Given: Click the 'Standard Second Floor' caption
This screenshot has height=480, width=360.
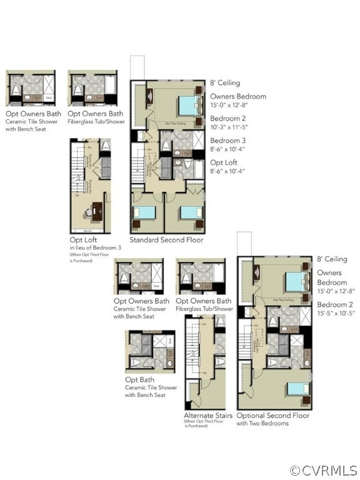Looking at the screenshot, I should (166, 240).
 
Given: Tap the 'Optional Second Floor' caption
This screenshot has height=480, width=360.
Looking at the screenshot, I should (272, 415).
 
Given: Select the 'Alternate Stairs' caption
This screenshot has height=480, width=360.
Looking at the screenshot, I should (208, 415).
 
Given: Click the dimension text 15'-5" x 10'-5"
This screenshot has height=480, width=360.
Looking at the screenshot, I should (336, 313).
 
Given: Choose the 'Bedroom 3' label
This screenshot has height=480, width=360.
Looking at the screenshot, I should (228, 140).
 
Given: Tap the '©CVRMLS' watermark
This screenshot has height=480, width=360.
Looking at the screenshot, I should (323, 470).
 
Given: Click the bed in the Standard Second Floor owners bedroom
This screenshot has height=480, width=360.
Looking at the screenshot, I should (188, 105).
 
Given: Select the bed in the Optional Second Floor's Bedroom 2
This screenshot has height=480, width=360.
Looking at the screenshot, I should (298, 388).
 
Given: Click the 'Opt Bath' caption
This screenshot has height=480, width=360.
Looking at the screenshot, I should (137, 379).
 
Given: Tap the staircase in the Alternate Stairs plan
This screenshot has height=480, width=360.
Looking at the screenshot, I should (192, 350).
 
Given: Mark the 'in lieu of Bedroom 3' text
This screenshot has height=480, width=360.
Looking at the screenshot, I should (95, 248).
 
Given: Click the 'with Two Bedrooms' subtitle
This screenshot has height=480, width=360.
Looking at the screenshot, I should (262, 423).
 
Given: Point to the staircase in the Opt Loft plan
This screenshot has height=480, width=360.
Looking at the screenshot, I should (77, 169).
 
